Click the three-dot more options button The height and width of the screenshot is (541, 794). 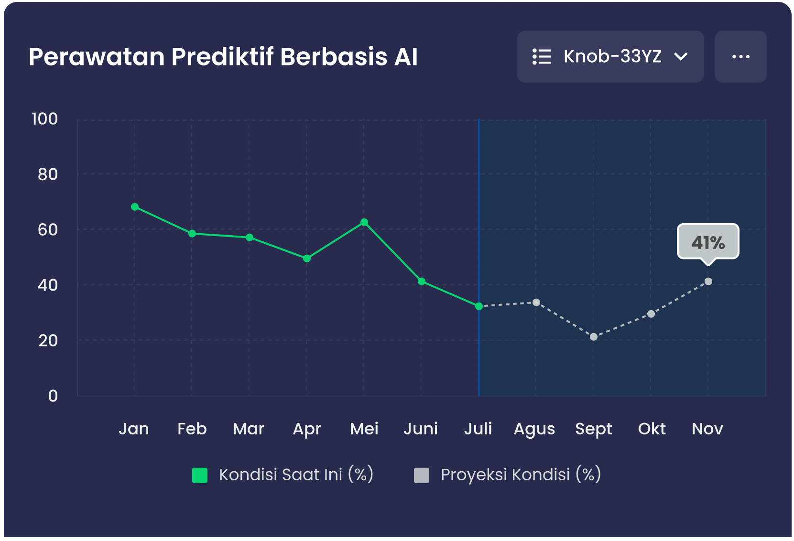(x=740, y=56)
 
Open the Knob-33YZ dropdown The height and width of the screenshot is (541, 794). (x=610, y=56)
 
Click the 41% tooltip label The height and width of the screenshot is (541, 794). (x=708, y=242)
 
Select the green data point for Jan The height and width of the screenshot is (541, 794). (x=135, y=207)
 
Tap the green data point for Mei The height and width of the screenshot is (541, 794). (x=364, y=222)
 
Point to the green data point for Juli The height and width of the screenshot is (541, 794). (x=479, y=306)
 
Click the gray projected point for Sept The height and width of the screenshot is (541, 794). (x=594, y=337)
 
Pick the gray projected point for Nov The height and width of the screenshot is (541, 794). (x=708, y=281)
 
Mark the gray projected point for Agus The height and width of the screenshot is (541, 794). (x=536, y=303)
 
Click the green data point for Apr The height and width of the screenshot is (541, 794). (x=307, y=259)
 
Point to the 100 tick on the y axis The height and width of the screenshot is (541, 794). (x=44, y=119)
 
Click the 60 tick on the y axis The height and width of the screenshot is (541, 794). (x=47, y=230)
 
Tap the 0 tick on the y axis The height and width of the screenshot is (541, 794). (x=53, y=396)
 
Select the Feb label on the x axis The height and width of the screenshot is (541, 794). (x=192, y=429)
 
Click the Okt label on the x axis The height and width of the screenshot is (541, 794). (x=652, y=429)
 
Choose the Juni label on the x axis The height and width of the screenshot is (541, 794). (x=421, y=429)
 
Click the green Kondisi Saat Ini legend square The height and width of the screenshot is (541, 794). (x=200, y=476)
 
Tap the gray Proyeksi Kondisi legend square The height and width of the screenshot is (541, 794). (x=422, y=476)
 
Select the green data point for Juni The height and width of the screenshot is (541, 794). (x=422, y=281)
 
